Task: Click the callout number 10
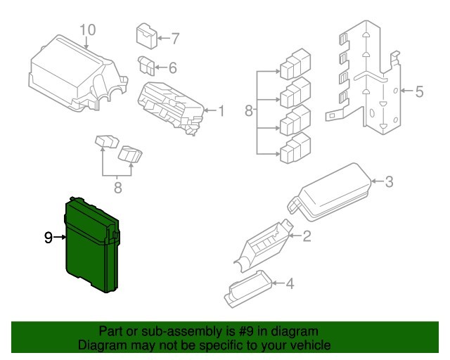[87, 30]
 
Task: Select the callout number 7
[175, 38]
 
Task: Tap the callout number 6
[172, 68]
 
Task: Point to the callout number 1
[221, 111]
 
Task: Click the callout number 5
[419, 91]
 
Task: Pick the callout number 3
[389, 181]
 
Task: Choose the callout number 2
[307, 236]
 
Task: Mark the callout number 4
[290, 283]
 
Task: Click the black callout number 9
[49, 238]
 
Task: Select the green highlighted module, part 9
[92, 245]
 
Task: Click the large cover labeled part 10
[78, 74]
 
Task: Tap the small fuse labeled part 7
[146, 36]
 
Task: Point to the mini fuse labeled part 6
[147, 65]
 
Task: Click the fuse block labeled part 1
[171, 108]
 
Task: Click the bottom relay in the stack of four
[295, 148]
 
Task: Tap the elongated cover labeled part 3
[330, 193]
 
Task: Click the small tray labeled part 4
[248, 288]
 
